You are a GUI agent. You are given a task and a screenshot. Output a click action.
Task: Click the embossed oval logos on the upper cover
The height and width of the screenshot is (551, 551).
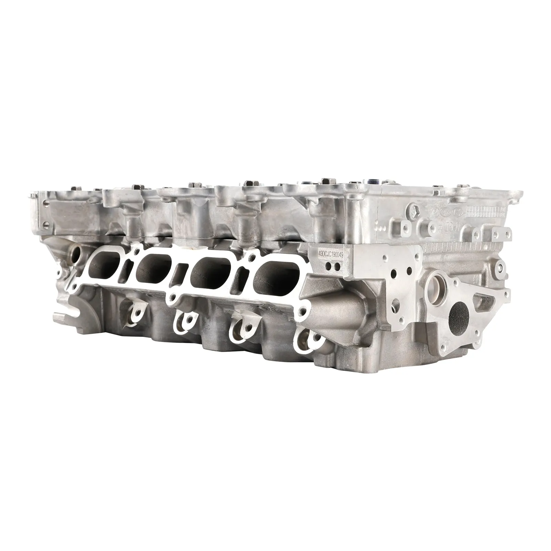444,211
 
